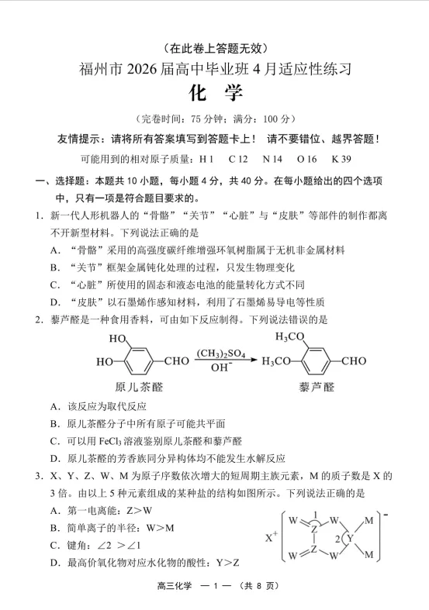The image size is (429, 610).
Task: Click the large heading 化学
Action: (x=215, y=94)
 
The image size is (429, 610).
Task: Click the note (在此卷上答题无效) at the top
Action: (x=215, y=47)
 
